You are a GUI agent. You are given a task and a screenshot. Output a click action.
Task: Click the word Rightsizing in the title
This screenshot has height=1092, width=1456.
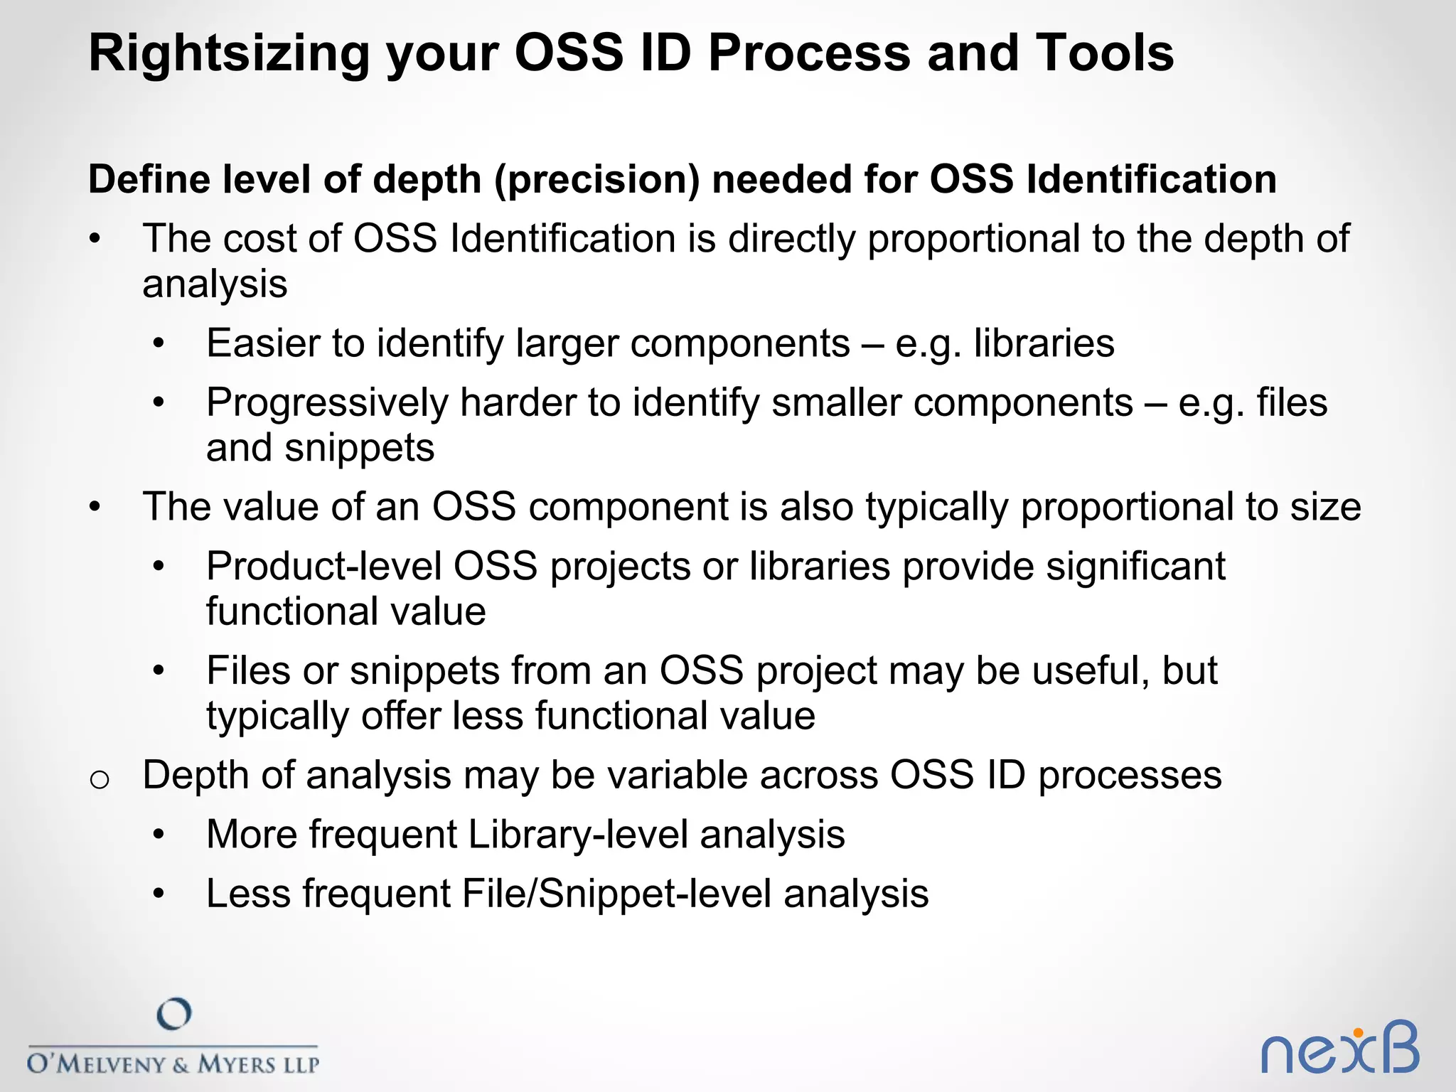click(x=228, y=55)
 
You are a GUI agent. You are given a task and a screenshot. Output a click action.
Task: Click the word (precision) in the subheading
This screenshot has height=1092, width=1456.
click(x=596, y=179)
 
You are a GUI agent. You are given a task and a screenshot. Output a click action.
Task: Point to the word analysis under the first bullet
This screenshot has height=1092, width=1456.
click(x=215, y=284)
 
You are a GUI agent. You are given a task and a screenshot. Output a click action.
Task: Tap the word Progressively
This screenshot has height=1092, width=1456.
click(x=327, y=404)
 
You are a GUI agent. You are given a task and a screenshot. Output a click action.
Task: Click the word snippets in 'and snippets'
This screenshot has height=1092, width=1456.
click(x=360, y=448)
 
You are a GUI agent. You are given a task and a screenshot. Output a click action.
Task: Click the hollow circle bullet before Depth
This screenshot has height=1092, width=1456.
click(x=100, y=780)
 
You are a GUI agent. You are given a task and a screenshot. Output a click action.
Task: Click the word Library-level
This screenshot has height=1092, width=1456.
click(x=577, y=835)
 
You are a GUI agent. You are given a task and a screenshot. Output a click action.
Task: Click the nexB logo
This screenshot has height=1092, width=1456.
click(x=1339, y=1049)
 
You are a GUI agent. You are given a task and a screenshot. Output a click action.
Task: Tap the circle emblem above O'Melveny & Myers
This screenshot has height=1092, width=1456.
click(x=174, y=1014)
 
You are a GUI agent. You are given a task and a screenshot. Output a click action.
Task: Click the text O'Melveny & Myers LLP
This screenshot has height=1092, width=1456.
click(x=173, y=1064)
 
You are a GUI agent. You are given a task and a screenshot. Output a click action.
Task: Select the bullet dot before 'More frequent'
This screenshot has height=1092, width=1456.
click(x=159, y=835)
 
